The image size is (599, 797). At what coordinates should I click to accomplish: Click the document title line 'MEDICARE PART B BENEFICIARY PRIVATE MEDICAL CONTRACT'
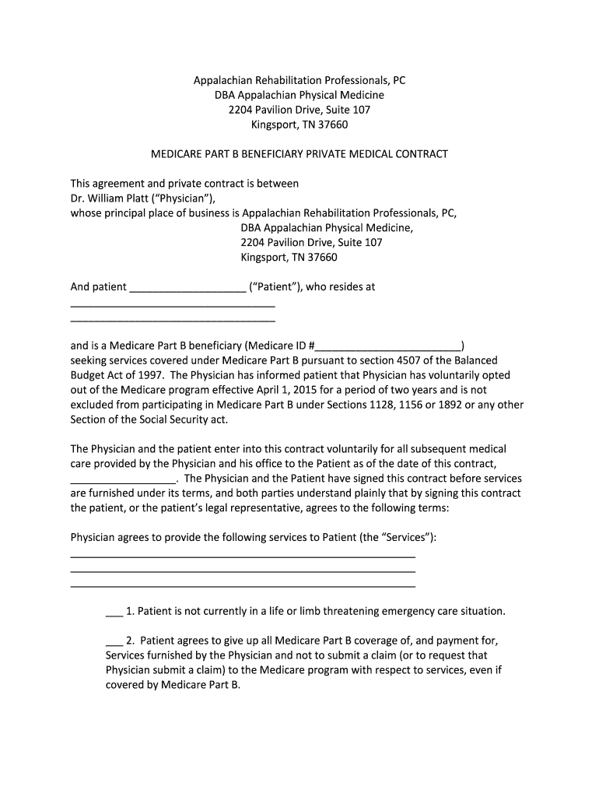(x=299, y=154)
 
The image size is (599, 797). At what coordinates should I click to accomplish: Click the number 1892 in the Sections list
(x=447, y=405)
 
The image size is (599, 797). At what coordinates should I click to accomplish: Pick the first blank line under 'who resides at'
(x=173, y=304)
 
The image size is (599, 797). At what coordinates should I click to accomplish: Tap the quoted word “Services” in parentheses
(x=406, y=538)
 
